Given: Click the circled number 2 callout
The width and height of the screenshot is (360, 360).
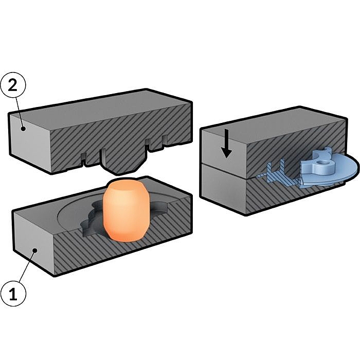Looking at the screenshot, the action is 13,85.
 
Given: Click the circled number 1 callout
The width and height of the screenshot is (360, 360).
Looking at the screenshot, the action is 13,294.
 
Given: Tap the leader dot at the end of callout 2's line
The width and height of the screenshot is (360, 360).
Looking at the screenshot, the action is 23,129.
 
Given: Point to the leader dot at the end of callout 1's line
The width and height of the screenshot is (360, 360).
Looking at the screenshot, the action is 35,250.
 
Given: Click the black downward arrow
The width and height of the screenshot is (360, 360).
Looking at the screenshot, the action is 227,143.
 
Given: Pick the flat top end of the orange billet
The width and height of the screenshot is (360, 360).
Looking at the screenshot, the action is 124,185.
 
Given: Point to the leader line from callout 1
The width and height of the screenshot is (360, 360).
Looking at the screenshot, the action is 27,266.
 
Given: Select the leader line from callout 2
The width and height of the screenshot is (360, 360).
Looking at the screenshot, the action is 20,113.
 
